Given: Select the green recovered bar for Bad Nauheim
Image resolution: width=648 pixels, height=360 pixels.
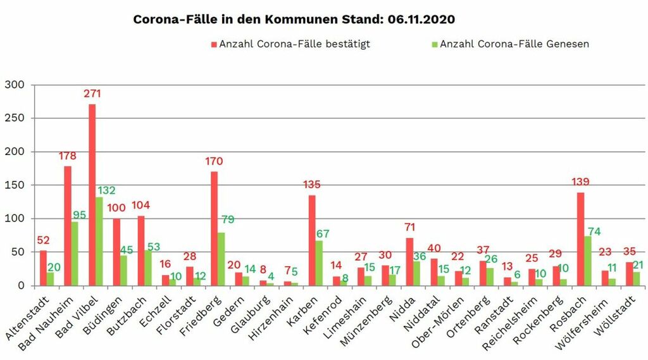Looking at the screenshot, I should pyautogui.click(x=75, y=253).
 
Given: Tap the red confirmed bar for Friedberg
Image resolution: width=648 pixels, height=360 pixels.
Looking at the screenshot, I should pyautogui.click(x=215, y=228).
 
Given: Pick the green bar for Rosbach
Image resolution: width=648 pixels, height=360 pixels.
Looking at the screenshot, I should pyautogui.click(x=588, y=261).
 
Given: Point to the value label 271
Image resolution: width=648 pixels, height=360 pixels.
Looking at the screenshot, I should pyautogui.click(x=92, y=94).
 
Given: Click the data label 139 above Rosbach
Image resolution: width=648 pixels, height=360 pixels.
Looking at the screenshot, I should pyautogui.click(x=580, y=182).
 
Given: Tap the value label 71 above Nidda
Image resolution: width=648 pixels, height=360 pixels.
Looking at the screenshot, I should pyautogui.click(x=410, y=227).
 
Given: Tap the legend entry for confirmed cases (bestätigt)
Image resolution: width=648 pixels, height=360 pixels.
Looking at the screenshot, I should pyautogui.click(x=294, y=44).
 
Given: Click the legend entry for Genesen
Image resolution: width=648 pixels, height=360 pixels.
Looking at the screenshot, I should pyautogui.click(x=514, y=44).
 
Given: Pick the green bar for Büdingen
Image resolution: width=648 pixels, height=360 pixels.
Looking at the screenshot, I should pyautogui.click(x=124, y=270).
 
